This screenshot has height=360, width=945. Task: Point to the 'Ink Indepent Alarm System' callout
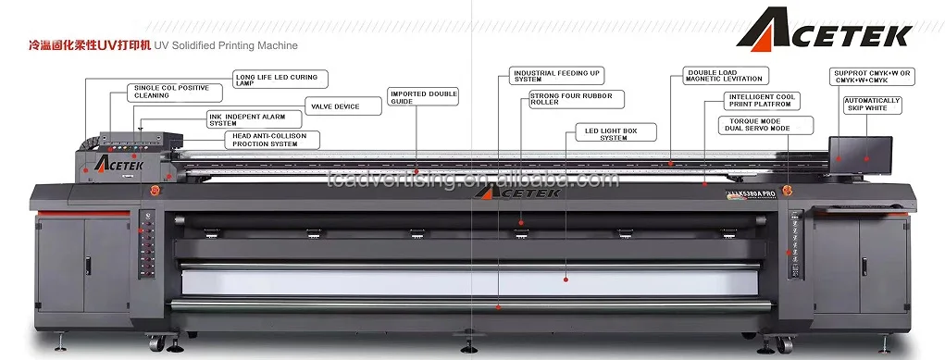point(253,119)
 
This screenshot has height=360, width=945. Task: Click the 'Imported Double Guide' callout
point(422,97)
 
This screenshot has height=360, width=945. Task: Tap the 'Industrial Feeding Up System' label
point(556,76)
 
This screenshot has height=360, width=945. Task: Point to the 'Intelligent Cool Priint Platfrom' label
point(762,100)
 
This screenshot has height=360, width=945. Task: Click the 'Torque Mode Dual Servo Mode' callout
point(765,125)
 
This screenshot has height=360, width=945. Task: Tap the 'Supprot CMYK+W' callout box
point(873,76)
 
